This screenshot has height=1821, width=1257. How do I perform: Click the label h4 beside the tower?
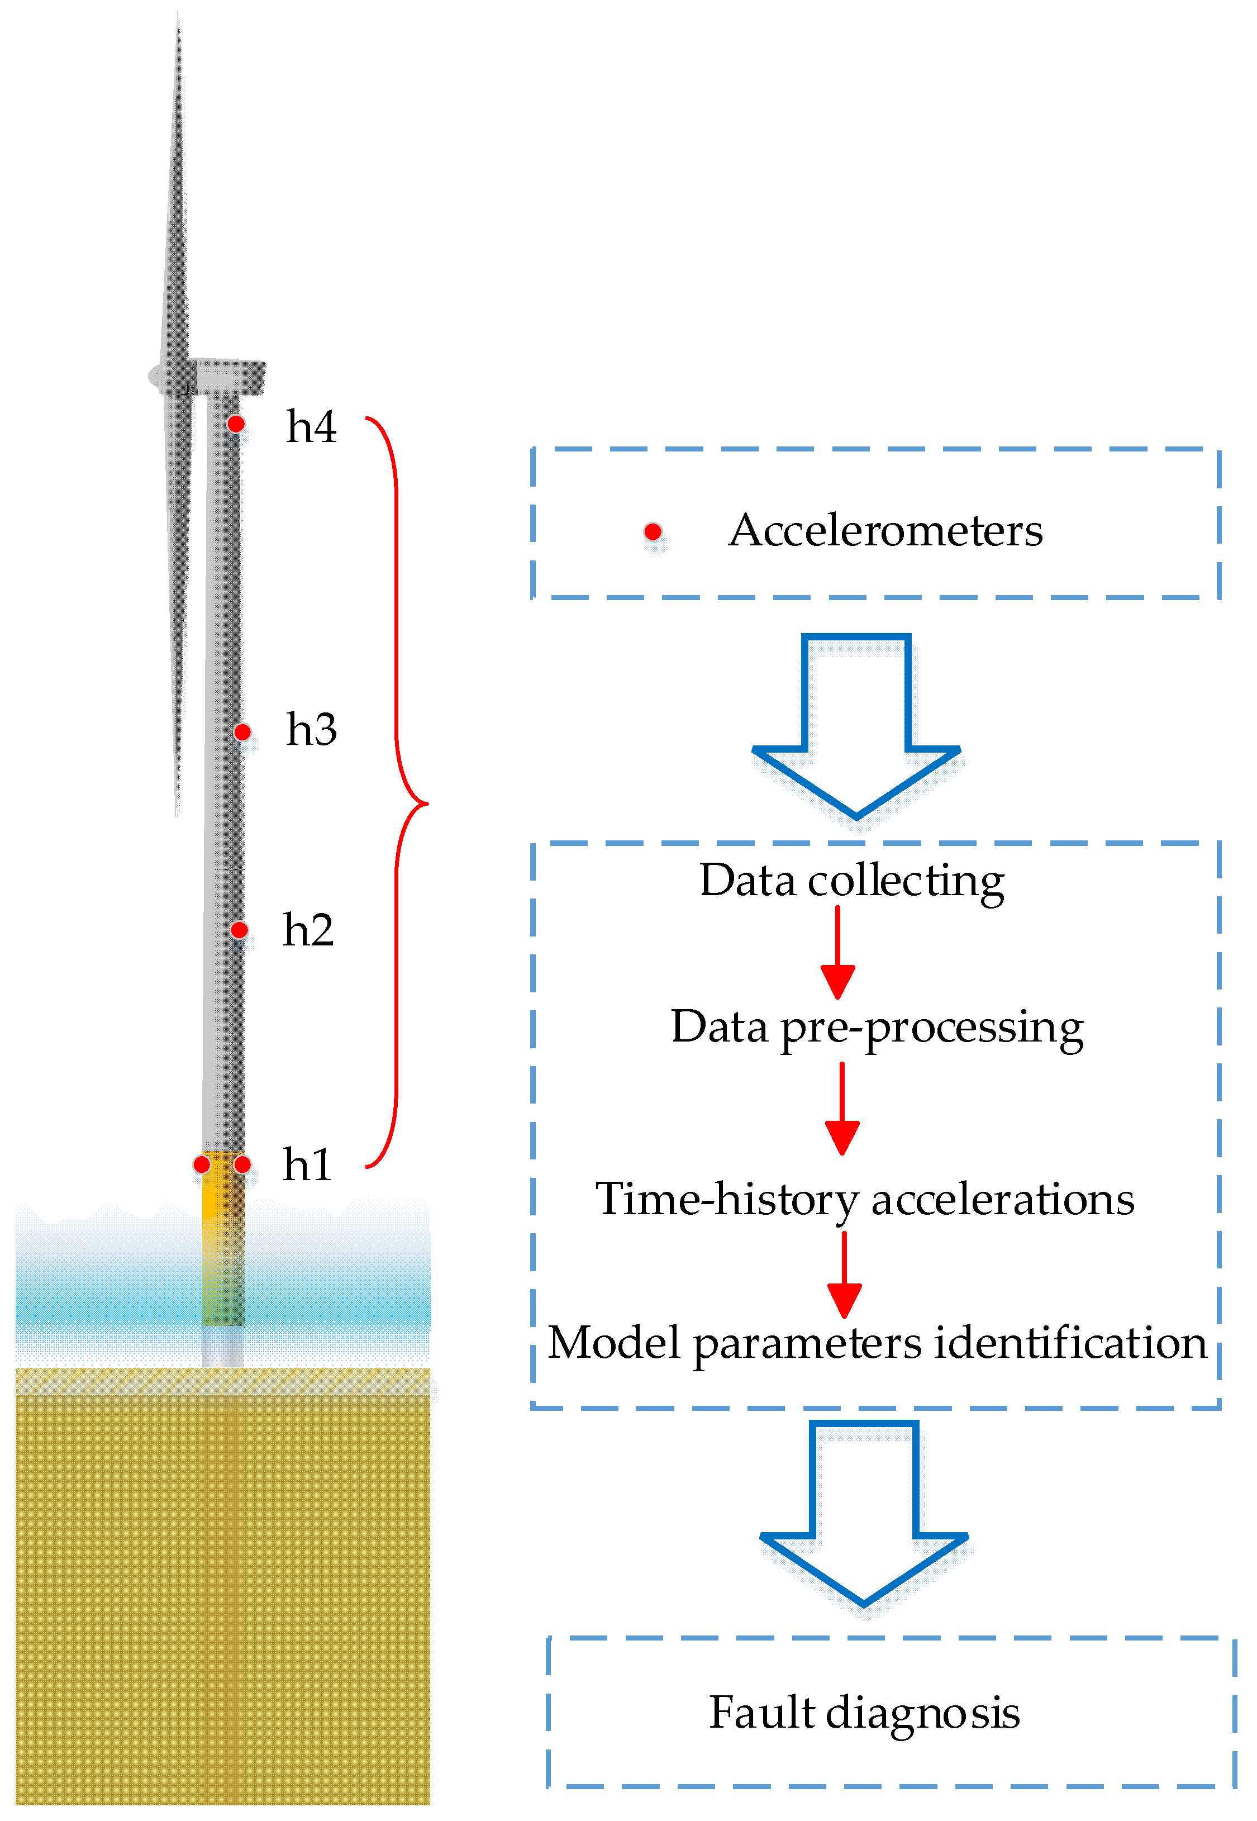coord(311,427)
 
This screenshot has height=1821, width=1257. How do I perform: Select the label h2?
coord(308,930)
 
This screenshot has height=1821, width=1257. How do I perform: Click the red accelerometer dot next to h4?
coord(236,424)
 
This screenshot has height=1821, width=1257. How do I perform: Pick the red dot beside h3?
coord(242,733)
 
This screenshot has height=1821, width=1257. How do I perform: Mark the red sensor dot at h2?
coord(240,930)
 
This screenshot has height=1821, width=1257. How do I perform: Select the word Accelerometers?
coord(885,530)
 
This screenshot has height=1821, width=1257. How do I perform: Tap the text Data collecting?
coord(851,881)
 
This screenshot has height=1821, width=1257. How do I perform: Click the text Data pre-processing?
coord(877,1027)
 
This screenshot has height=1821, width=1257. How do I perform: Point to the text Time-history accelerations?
coord(865,1200)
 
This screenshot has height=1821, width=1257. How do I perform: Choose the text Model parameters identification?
coord(877,1343)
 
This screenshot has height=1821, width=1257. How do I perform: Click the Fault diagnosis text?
coord(864,1713)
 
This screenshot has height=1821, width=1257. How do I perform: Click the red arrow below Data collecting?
coord(838,953)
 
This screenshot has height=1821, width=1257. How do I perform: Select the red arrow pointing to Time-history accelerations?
coord(842,1109)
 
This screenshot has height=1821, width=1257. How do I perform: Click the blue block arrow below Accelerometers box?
coord(856,725)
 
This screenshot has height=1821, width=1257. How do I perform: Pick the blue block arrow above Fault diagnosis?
coord(864,1512)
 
